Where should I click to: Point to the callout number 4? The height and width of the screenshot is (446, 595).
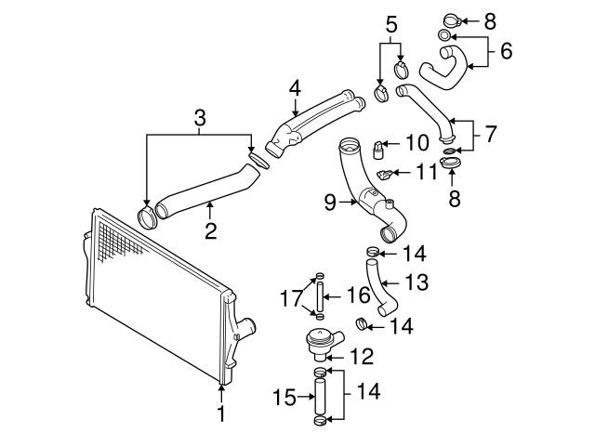point(295,89)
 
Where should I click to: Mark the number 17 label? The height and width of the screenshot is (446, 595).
point(287,298)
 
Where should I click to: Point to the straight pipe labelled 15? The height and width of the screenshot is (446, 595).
point(320,399)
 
